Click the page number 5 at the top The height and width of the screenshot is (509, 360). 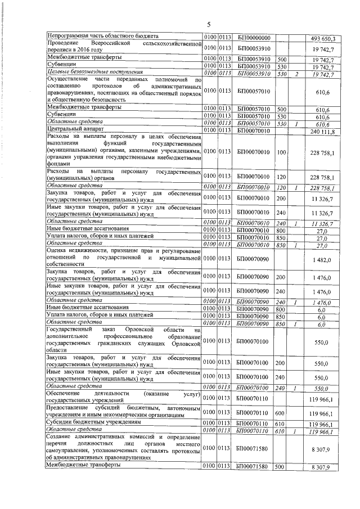(x=208, y=25)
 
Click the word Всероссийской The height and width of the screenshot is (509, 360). (x=110, y=43)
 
